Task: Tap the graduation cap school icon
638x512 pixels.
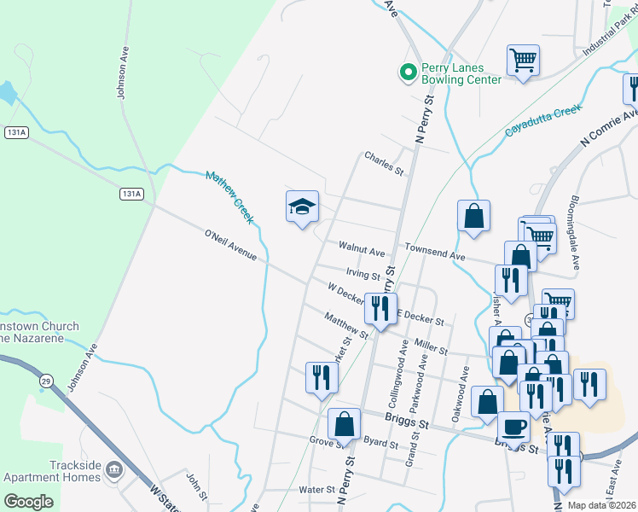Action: tap(302, 207)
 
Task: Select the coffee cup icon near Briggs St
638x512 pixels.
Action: tap(513, 425)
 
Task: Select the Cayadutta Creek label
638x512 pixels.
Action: tap(542, 120)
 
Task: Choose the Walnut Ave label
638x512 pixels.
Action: tap(362, 253)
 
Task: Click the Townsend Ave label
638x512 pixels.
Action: tap(434, 256)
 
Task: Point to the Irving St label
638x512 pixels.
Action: tap(362, 274)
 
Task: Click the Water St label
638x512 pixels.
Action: tap(316, 490)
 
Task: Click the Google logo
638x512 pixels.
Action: tap(28, 502)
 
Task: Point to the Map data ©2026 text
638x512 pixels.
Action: tap(600, 505)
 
